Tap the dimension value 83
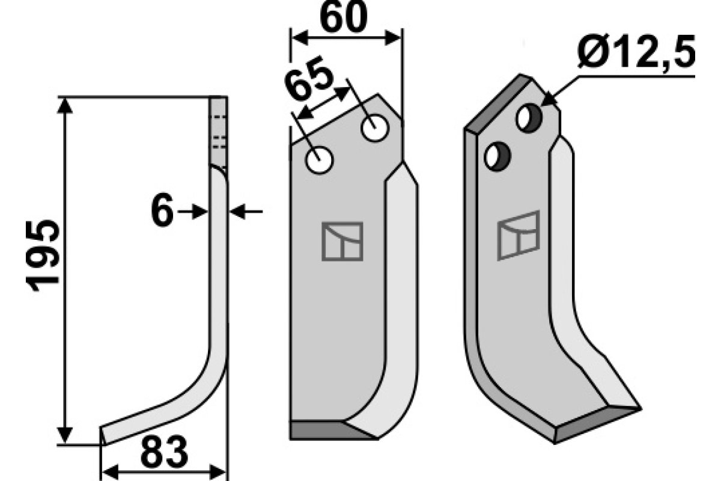tap(163, 453)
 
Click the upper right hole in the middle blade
tap(375, 128)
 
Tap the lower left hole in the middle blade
tap(319, 161)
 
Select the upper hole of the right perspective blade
tap(529, 117)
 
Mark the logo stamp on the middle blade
tap(342, 241)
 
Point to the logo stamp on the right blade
tap(519, 235)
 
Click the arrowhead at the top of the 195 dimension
tap(66, 106)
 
